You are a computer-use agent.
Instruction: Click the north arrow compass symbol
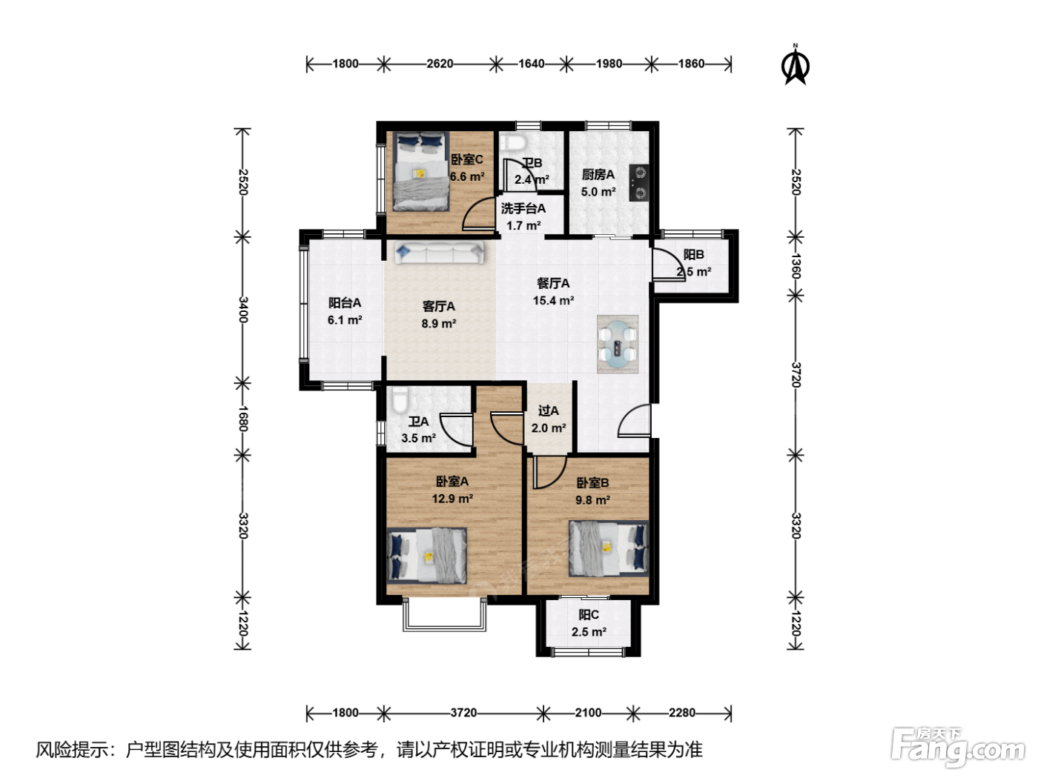coord(795,65)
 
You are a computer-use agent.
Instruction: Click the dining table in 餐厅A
coord(618,344)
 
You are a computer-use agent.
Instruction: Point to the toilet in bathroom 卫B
coord(514,142)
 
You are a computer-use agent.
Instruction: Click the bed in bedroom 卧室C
coord(421,171)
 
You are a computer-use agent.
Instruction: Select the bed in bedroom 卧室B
coord(609,548)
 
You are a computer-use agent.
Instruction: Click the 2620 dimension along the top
coord(440,64)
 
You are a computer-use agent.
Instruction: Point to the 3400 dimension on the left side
coord(242,310)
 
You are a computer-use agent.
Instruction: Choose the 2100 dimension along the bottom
coord(588,712)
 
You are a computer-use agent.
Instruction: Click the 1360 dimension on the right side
coord(796,266)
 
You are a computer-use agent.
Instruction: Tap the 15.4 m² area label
coord(553,300)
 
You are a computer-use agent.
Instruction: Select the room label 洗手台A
coord(523,208)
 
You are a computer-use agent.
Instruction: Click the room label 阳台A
coord(345,302)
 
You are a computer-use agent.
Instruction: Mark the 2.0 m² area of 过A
coord(549,428)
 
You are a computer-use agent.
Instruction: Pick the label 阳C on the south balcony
coord(589,614)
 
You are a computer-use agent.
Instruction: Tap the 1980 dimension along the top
coord(609,64)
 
